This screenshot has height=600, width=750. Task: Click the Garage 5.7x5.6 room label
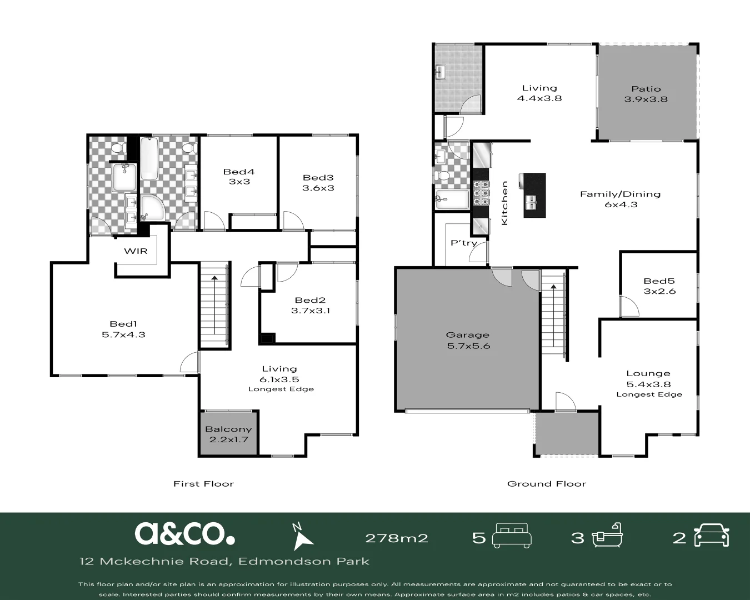coord(468,340)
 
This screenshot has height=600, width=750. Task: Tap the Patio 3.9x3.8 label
coord(646,94)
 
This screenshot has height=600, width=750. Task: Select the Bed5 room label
coord(659,286)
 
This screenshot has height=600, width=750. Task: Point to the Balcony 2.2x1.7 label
coord(228,434)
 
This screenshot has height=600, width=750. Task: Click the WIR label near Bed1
coord(136,251)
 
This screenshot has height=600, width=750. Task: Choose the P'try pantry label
coord(463,243)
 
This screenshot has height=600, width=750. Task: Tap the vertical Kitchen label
coord(504,203)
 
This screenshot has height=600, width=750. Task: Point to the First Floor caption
coord(203,484)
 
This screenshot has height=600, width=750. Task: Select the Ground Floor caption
coord(547,484)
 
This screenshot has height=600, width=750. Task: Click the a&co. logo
coord(184,533)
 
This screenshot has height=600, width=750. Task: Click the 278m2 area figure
coord(396,538)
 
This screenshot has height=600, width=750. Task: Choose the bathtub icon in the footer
coord(608,537)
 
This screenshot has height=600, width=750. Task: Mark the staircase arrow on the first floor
coord(214,303)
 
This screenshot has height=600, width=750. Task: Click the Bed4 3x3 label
coord(239,177)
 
